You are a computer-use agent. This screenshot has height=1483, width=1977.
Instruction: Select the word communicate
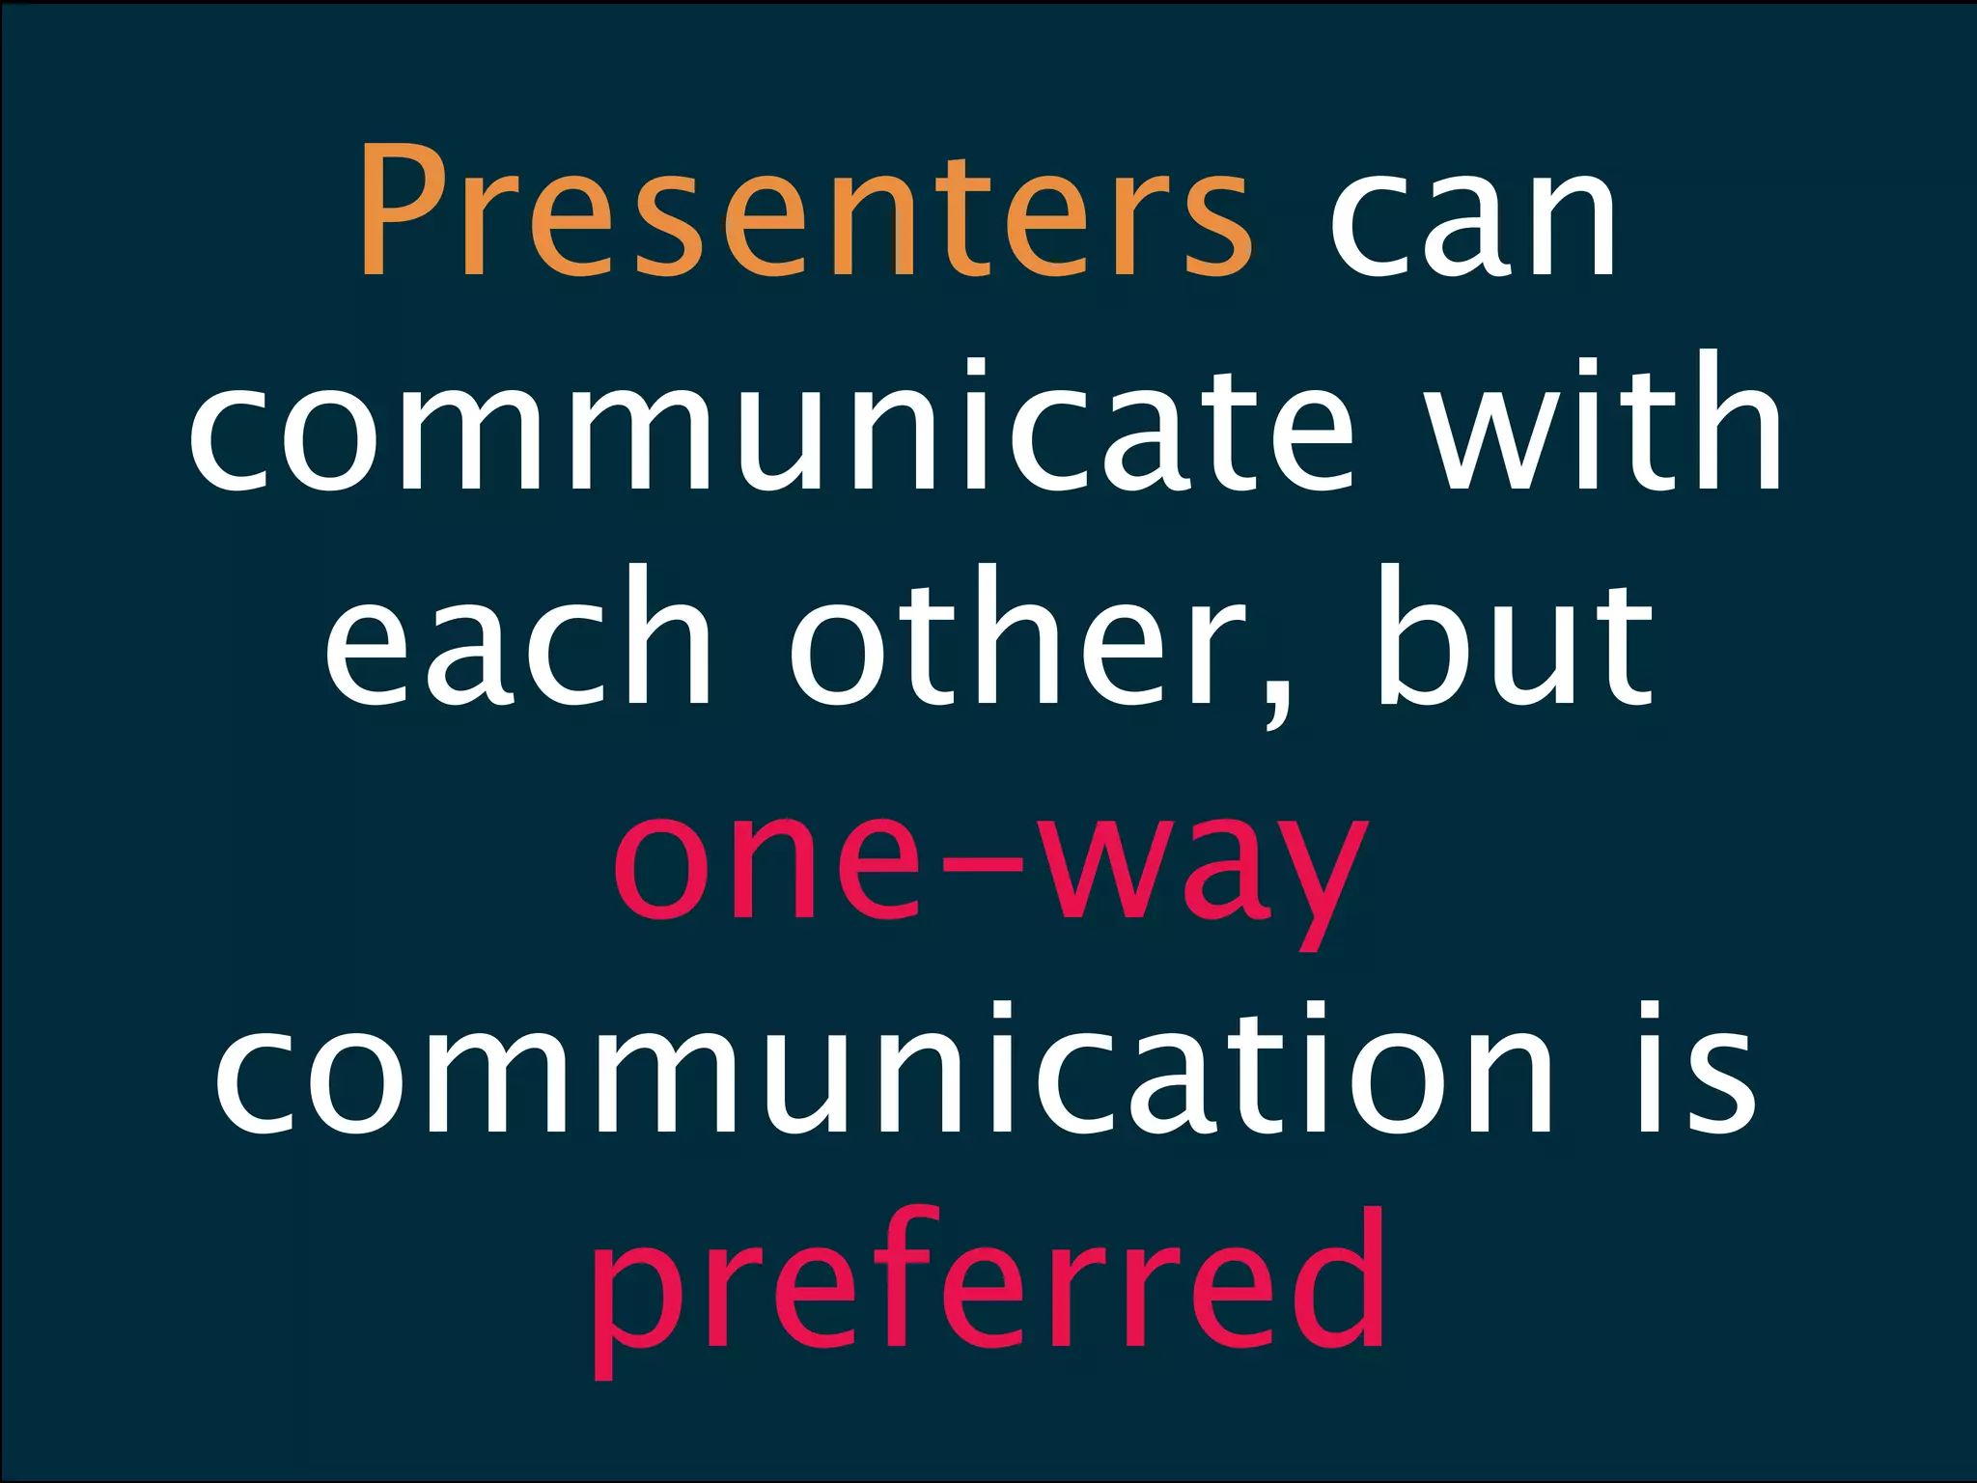coord(771,425)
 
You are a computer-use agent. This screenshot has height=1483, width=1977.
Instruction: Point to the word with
coord(1604,425)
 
